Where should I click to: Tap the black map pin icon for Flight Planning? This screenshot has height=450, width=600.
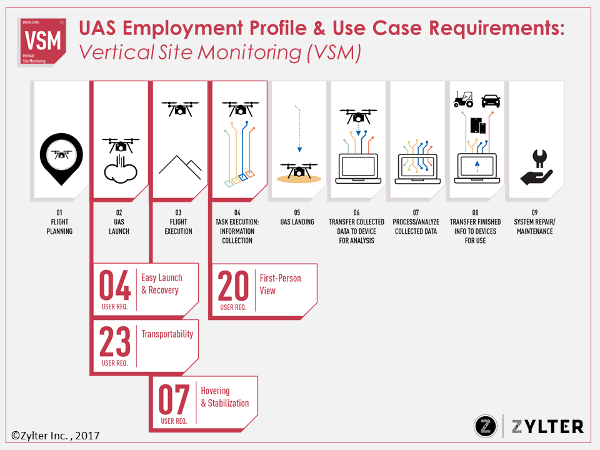coord(60,156)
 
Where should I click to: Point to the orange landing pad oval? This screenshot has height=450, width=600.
coord(299,179)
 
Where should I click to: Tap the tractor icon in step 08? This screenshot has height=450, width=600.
coord(463,99)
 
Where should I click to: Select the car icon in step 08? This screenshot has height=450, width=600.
coord(491,100)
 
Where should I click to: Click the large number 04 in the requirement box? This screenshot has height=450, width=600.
coord(116,286)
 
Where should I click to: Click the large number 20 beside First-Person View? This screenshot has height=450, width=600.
coord(234,286)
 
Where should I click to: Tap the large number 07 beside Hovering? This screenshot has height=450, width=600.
coord(174,400)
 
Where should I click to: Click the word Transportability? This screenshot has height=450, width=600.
coord(167,334)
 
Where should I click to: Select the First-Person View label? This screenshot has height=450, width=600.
coord(280,284)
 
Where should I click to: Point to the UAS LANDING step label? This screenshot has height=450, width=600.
coord(298,222)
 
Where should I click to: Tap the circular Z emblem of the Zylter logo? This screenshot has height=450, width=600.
coord(486,426)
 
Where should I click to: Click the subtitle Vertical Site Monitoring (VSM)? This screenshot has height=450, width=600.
coord(220,53)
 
